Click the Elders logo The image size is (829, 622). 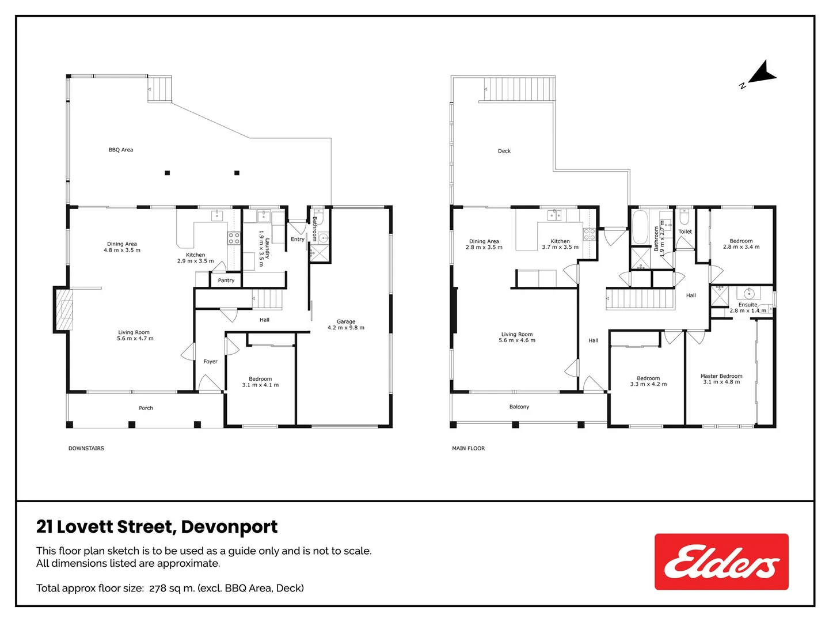pos(721,562)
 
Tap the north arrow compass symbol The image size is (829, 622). pos(761,75)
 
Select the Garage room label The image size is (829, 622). pos(346,322)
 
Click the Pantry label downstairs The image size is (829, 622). pos(226,280)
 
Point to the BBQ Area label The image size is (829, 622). pos(121,150)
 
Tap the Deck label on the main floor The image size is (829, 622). pos(504,151)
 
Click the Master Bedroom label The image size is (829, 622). pos(721,376)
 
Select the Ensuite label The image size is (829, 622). pos(748,305)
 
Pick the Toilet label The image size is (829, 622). pos(685,232)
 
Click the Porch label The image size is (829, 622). pos(146,408)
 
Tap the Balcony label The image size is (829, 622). pos(519,407)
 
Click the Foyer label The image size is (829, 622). pos(211,362)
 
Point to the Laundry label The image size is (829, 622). pos(267,248)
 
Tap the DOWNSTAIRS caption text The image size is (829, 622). pos(86,448)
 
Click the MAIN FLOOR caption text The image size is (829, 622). pos(469,448)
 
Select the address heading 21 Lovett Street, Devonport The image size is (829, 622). pos(157,527)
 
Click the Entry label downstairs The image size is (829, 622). pos(298,239)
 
